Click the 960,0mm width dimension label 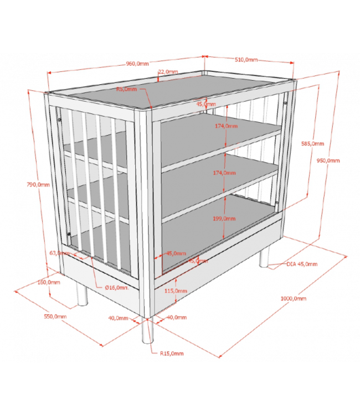(x=137, y=64)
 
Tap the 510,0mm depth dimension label (x=246, y=60)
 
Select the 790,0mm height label (x=38, y=184)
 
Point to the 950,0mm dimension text (x=328, y=160)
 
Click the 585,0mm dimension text (x=312, y=143)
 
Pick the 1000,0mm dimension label (x=294, y=298)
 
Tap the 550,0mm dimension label (x=55, y=317)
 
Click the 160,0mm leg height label (x=49, y=282)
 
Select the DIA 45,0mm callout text (x=302, y=264)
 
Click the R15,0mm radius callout (x=172, y=354)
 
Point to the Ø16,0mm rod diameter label (x=117, y=287)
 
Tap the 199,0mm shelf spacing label (x=224, y=219)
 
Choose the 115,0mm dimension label (x=176, y=290)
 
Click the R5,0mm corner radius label (x=127, y=89)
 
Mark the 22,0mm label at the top (x=168, y=72)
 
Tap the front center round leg (x=147, y=331)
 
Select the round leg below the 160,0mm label (x=82, y=294)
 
